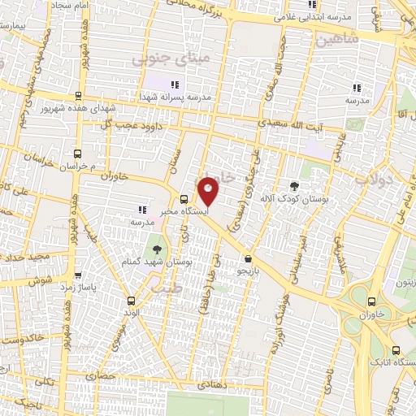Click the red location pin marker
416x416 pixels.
tap(209, 191)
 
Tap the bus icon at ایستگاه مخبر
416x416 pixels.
tap(184, 199)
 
